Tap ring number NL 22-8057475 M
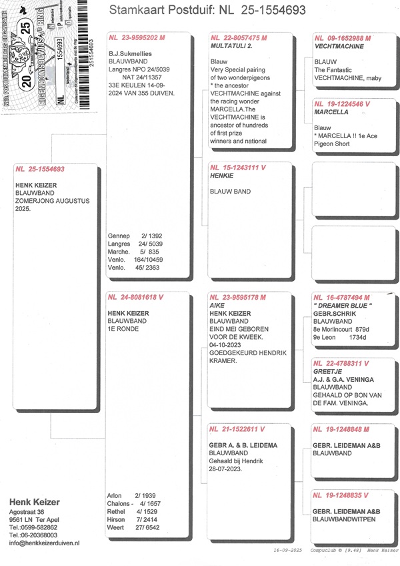tap(238, 39)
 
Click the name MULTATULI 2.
tap(231, 47)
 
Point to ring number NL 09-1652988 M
tap(341, 39)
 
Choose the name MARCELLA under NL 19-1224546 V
tap(331, 112)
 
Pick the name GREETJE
tap(327, 371)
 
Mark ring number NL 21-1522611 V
tap(238, 429)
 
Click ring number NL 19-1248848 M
tap(341, 429)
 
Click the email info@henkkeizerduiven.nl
tap(45, 544)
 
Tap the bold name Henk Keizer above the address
tap(34, 502)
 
